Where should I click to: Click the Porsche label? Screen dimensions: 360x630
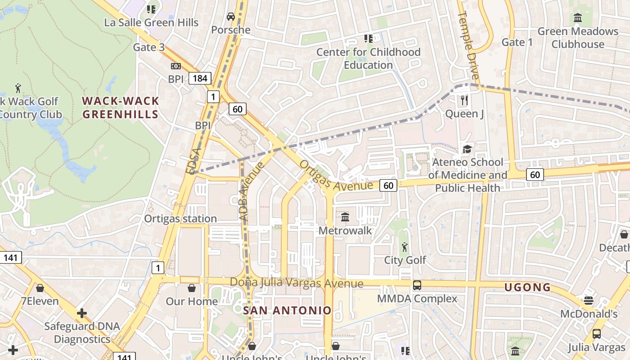click(x=230, y=30)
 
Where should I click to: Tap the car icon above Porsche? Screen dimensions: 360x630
click(x=231, y=17)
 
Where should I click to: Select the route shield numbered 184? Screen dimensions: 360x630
click(x=200, y=78)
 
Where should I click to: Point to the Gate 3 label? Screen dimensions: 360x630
click(x=148, y=47)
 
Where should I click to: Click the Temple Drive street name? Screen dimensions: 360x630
click(x=469, y=45)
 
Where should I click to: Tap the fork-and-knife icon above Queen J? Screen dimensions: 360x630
click(x=465, y=100)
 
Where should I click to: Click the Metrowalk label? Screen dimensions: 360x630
click(x=345, y=231)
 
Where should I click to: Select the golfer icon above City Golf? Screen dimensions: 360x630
click(x=405, y=247)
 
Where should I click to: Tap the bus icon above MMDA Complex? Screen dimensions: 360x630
click(x=417, y=285)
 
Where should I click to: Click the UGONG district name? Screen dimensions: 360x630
click(x=527, y=287)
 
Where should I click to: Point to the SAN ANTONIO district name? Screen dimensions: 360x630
click(x=287, y=310)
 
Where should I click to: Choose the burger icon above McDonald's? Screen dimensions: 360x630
click(x=589, y=300)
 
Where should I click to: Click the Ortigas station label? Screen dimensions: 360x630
click(x=180, y=219)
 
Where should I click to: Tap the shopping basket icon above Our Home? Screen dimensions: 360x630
click(x=192, y=288)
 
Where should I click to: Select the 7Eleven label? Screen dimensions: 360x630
click(x=40, y=301)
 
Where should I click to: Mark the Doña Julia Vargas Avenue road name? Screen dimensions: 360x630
click(x=297, y=283)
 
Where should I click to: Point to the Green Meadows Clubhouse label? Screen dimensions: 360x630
click(x=578, y=38)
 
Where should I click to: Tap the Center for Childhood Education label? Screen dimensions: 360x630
click(x=369, y=58)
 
